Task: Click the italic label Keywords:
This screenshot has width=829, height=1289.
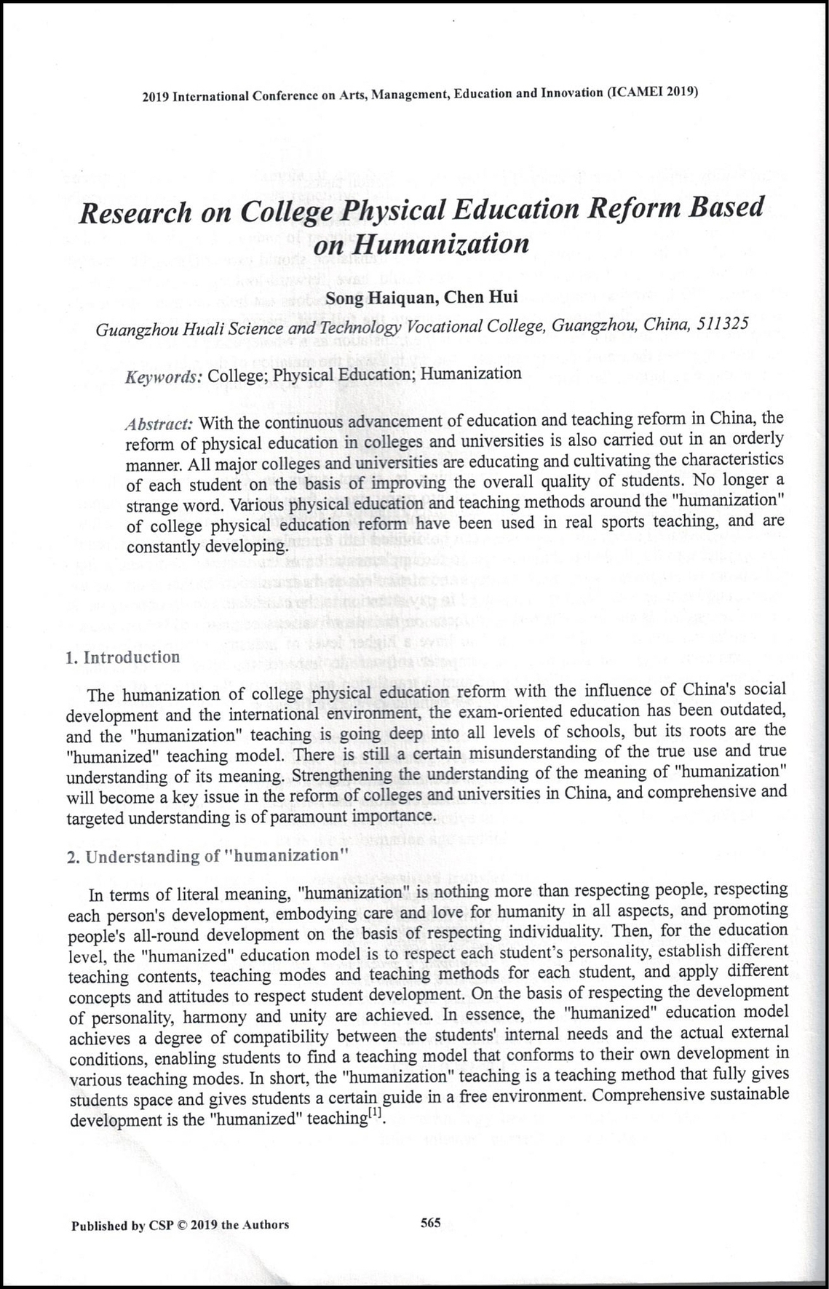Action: pos(164,377)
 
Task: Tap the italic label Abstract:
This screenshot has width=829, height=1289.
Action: pos(159,424)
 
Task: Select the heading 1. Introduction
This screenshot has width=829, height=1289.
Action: pos(122,657)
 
